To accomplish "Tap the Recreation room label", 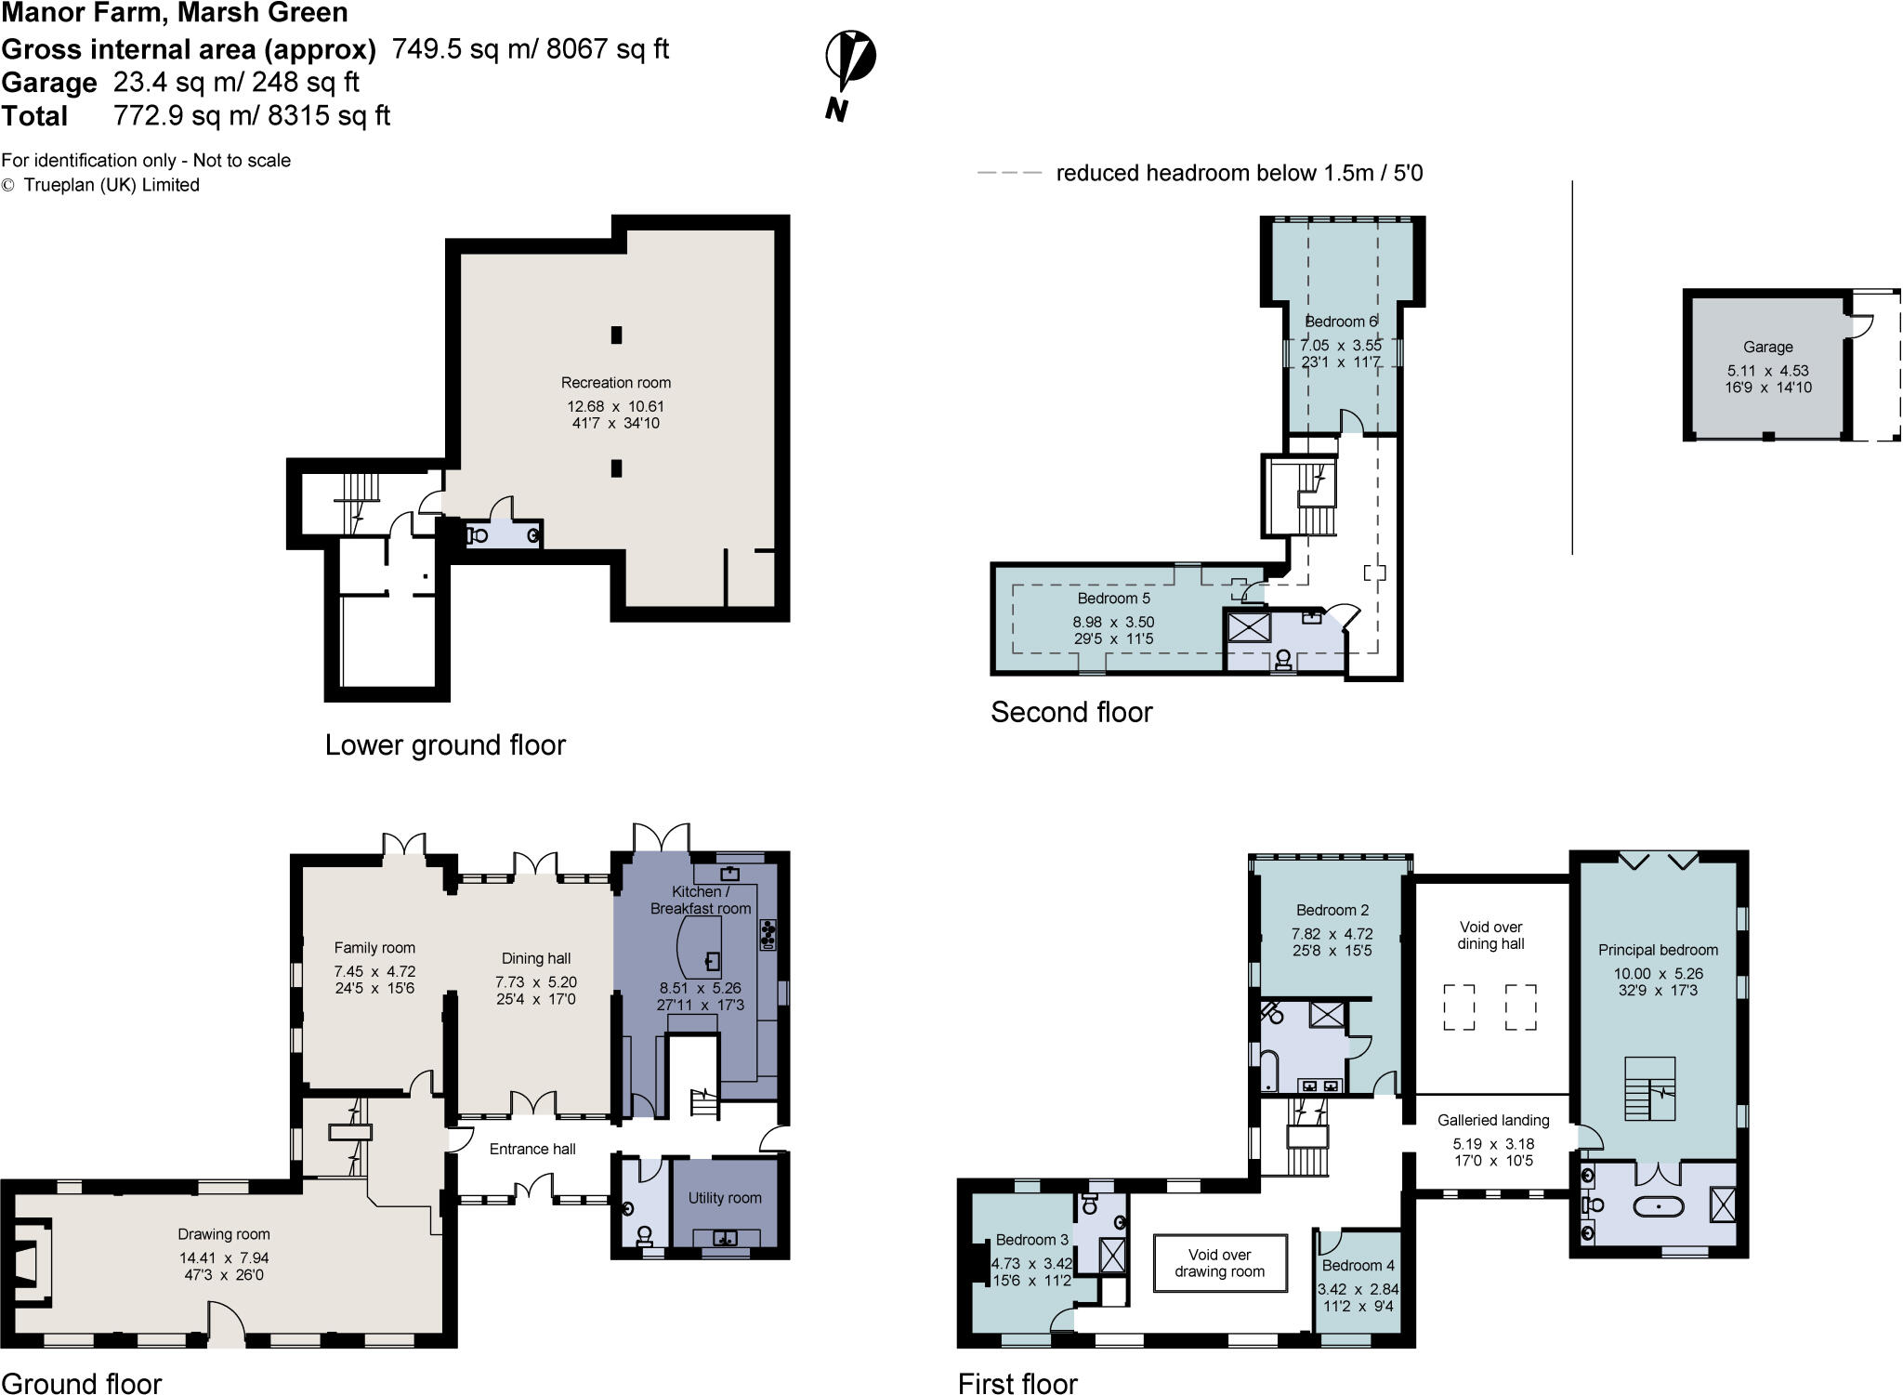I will [x=615, y=383].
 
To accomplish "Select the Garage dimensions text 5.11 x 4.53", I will [x=1767, y=371].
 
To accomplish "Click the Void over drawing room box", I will [x=1220, y=1263].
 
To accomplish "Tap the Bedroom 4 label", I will [x=1358, y=1266].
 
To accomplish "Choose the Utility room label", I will [x=724, y=1198].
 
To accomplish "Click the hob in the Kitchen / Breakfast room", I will [x=768, y=933].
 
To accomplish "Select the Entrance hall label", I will [x=532, y=1149].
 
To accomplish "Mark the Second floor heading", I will [x=1070, y=712].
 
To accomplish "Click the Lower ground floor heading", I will [x=445, y=745].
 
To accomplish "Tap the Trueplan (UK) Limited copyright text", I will [x=111, y=185].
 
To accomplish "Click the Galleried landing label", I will [x=1493, y=1121].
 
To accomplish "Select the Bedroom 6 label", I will [x=1340, y=322].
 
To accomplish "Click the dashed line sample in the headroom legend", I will [x=1009, y=173].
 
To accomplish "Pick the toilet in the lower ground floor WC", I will [x=478, y=535].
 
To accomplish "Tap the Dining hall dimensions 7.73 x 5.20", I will [x=536, y=982].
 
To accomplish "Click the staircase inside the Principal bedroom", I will [x=1649, y=1088].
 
